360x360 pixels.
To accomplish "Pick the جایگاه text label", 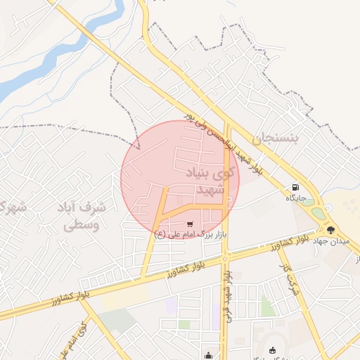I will click(x=299, y=199).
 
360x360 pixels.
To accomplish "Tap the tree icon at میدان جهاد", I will click(x=331, y=230).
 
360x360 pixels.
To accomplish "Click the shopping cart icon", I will click(x=190, y=224).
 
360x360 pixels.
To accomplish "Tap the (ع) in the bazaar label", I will click(x=160, y=234).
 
